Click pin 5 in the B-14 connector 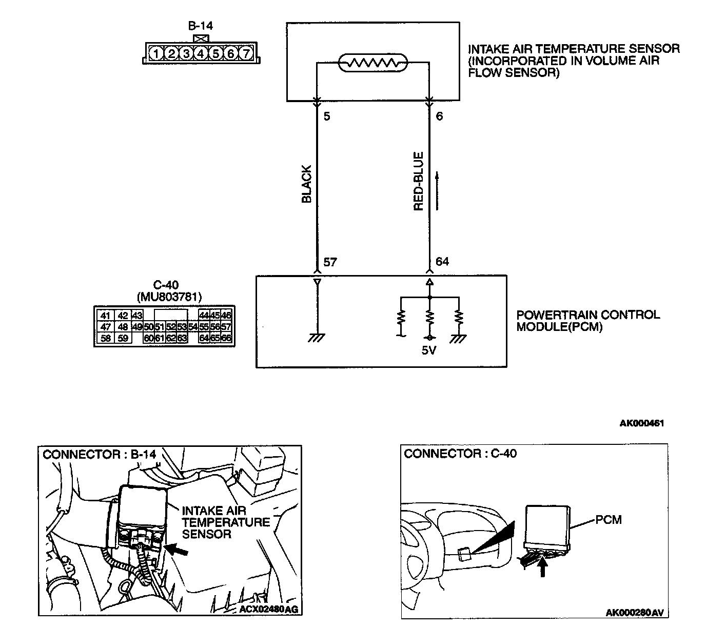tap(216, 53)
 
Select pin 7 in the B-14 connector tap(246, 53)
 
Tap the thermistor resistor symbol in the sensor tap(372, 63)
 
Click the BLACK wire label tap(307, 184)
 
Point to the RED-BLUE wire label tap(419, 181)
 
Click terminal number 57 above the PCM tap(330, 262)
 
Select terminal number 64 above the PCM tap(442, 262)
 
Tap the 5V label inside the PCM tap(429, 351)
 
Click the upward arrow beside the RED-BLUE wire tap(437, 190)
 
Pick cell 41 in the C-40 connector tap(105, 316)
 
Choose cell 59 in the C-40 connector tap(123, 338)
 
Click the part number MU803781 tap(169, 297)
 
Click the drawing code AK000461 tap(641, 423)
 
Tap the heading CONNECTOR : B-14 tap(99, 455)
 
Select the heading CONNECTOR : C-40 tap(460, 454)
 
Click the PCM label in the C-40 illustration tap(609, 520)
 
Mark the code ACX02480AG tap(268, 610)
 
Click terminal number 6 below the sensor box tap(439, 116)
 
